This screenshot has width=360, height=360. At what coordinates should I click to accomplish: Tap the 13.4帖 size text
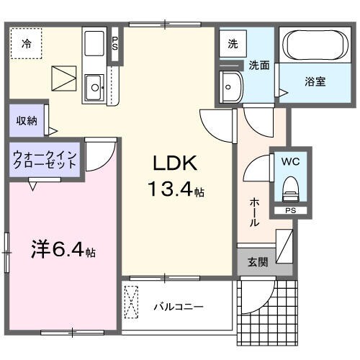(x=177, y=191)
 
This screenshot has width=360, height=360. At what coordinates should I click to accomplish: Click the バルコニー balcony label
(x=179, y=307)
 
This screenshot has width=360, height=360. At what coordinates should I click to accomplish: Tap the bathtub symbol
(x=315, y=47)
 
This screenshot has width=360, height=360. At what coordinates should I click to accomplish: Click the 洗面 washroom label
(x=259, y=66)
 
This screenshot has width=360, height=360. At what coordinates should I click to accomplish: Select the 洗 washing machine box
(x=233, y=43)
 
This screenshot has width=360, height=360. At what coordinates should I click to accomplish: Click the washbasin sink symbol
(x=232, y=87)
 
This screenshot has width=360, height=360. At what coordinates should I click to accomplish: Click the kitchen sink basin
(x=94, y=89)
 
